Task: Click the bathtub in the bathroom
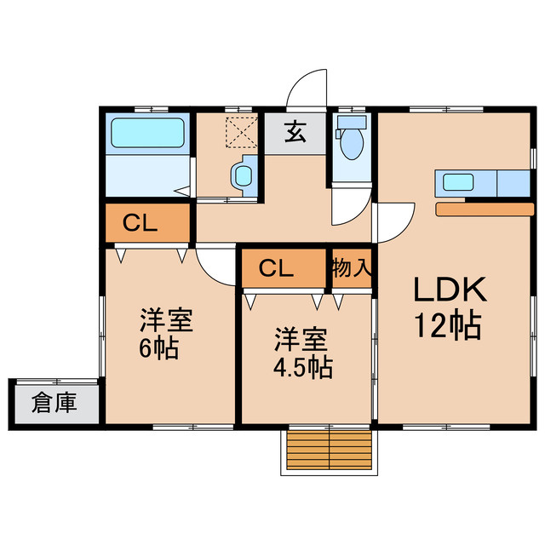[x=148, y=134]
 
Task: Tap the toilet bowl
[x=349, y=143]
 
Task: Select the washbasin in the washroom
[x=243, y=177]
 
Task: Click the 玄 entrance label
[x=295, y=134]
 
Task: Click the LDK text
[x=450, y=291]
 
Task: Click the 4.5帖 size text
[x=301, y=368]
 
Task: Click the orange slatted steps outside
[x=329, y=446]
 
